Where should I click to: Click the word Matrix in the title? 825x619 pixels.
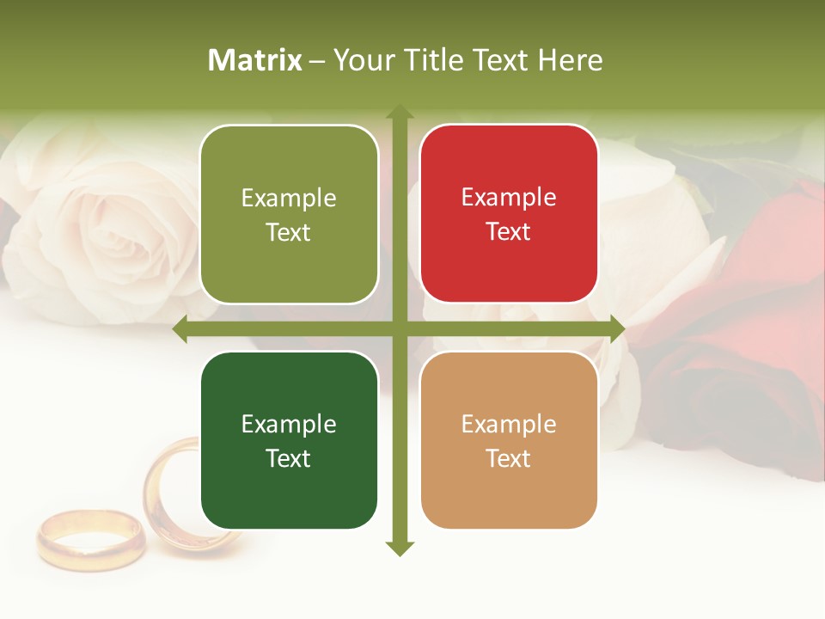pos(255,60)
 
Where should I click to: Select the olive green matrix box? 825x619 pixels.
pos(289,214)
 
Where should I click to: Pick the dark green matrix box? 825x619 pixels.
pos(289,440)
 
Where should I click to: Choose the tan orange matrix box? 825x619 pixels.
pos(509,440)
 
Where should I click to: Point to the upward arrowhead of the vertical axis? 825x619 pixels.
pos(399,113)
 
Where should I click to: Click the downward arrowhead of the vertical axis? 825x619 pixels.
pos(399,548)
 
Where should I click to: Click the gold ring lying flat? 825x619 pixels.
pos(89,538)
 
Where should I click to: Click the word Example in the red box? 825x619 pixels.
pos(509,197)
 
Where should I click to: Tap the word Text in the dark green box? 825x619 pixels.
pos(289,458)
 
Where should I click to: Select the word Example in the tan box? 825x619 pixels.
pos(509,424)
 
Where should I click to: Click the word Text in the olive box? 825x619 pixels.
pos(289,232)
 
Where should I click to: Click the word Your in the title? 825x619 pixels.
pos(360,60)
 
